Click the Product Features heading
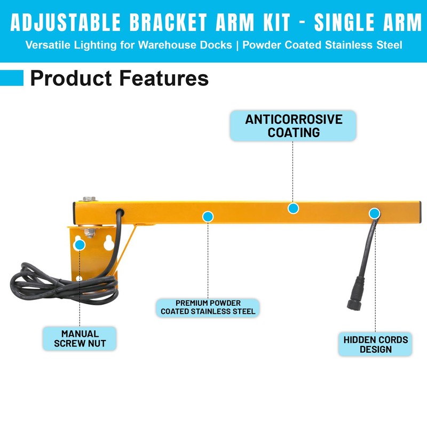(x=119, y=78)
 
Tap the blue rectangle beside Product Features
(x=12, y=78)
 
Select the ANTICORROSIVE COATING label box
(x=293, y=126)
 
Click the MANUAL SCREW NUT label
(x=80, y=339)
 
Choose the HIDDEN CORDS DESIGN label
(x=375, y=344)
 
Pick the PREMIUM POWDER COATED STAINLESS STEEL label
(x=208, y=307)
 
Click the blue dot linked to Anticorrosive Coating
(x=292, y=208)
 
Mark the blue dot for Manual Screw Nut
(x=80, y=245)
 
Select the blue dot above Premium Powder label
(x=208, y=216)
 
